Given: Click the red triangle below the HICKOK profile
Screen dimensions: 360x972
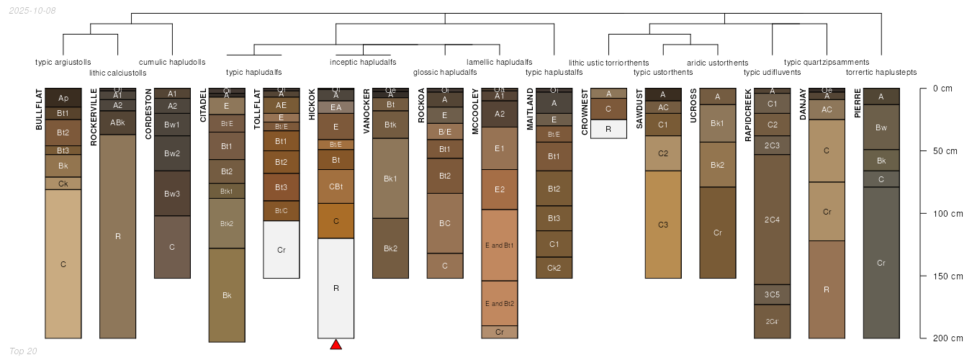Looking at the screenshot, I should pyautogui.click(x=336, y=345).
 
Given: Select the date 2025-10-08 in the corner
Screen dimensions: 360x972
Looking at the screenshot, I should pyautogui.click(x=32, y=11).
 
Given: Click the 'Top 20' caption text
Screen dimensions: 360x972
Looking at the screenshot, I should pyautogui.click(x=22, y=351).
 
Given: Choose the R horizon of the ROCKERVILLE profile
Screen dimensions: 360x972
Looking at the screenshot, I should pyautogui.click(x=117, y=236).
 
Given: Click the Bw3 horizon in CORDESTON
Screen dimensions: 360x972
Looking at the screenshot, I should pyautogui.click(x=172, y=193).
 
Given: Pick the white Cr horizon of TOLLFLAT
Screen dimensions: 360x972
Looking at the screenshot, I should pyautogui.click(x=282, y=250).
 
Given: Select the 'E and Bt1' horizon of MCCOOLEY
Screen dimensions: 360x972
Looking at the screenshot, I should pyautogui.click(x=500, y=245).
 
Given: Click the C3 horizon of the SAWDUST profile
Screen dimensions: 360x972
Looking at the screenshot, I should pyautogui.click(x=663, y=225).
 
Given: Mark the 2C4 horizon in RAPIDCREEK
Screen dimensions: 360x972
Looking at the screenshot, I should pyautogui.click(x=772, y=220).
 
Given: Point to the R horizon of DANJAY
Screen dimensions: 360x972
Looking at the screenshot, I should pyautogui.click(x=827, y=289).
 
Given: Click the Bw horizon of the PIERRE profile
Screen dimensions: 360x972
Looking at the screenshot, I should pyautogui.click(x=881, y=127).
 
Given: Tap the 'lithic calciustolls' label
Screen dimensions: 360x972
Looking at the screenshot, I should pyautogui.click(x=118, y=73).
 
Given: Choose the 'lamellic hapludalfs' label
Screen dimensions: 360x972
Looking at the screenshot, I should pyautogui.click(x=500, y=62).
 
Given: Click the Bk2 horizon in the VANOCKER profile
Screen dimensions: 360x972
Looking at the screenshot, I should pyautogui.click(x=390, y=248).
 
